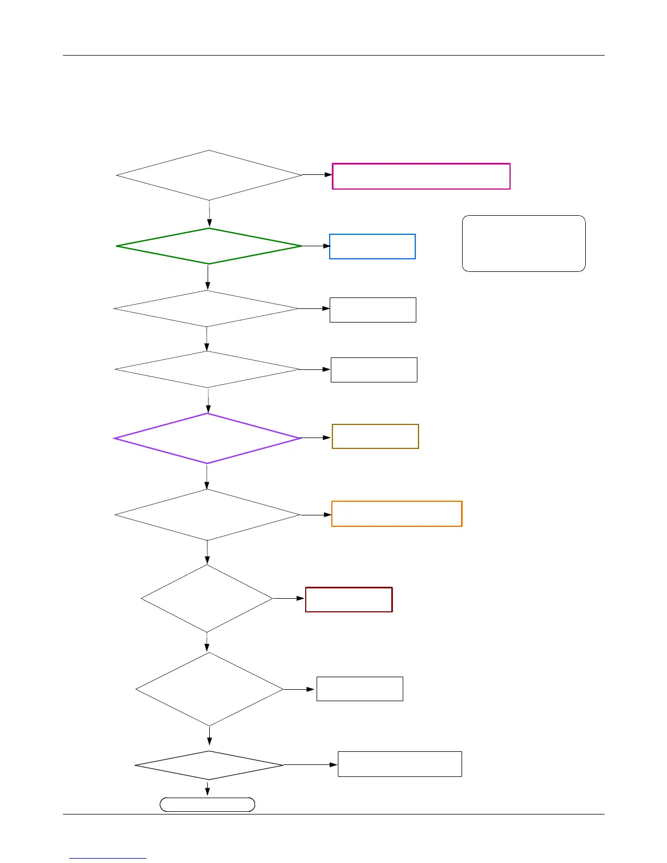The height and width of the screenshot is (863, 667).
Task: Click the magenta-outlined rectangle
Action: click(x=421, y=176)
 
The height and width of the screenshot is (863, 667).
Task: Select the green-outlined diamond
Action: click(x=209, y=246)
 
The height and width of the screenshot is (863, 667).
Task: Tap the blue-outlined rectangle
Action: click(x=372, y=246)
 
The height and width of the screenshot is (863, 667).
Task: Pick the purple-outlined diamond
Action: click(x=207, y=439)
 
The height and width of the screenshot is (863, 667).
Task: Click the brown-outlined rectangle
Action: click(x=375, y=436)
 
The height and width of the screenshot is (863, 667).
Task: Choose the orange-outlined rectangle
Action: click(x=397, y=514)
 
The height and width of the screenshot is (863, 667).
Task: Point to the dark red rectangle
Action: click(x=349, y=599)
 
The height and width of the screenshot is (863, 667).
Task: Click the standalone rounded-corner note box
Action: click(x=524, y=243)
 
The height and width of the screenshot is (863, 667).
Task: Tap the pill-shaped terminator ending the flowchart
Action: click(x=207, y=805)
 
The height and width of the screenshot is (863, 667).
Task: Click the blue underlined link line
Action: click(x=108, y=858)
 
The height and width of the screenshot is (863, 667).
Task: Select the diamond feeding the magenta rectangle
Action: click(x=209, y=175)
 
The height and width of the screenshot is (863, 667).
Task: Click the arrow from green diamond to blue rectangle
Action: click(x=316, y=246)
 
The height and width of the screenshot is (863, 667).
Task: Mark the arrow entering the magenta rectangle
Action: click(x=317, y=175)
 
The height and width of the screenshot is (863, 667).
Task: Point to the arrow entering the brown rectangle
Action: click(x=316, y=437)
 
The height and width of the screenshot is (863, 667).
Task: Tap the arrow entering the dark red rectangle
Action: click(x=289, y=598)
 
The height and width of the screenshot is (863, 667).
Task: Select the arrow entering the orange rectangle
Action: click(x=316, y=514)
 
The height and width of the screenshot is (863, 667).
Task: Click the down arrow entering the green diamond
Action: click(x=209, y=214)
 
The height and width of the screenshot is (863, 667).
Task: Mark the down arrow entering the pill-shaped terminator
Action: click(x=207, y=788)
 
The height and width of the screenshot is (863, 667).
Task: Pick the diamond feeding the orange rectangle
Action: click(x=207, y=515)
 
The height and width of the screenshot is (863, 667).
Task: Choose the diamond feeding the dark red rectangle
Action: click(x=207, y=598)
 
